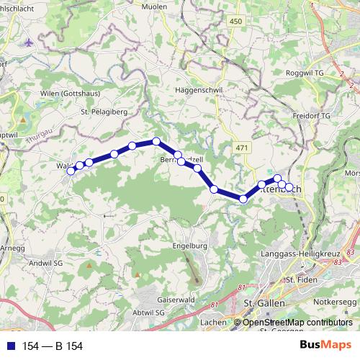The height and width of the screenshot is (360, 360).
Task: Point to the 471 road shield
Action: pyautogui.click(x=241, y=147)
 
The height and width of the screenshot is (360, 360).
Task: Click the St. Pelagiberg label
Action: pyautogui.click(x=104, y=112)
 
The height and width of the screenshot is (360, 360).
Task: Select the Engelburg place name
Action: pyautogui.click(x=190, y=246)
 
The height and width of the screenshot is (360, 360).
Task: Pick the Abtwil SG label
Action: pyautogui.click(x=149, y=313)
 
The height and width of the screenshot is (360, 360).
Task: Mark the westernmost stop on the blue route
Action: pyautogui.click(x=71, y=171)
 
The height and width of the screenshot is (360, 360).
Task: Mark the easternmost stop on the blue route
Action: pyautogui.click(x=289, y=187)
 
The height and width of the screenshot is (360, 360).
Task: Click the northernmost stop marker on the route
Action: pyautogui.click(x=156, y=141)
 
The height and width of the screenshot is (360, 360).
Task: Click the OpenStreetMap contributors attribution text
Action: pyautogui.click(x=297, y=323)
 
